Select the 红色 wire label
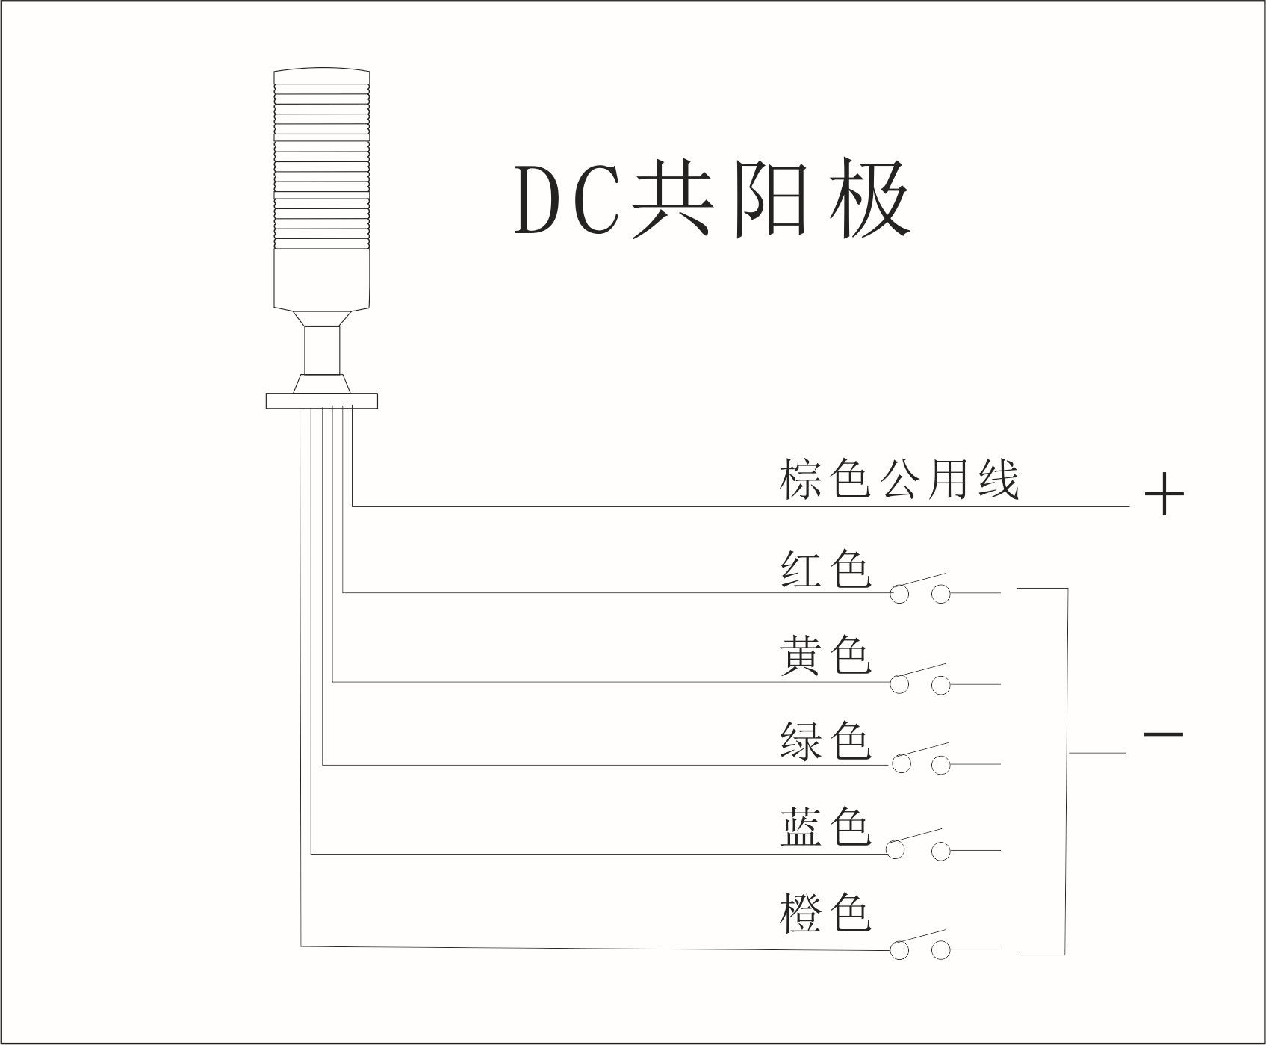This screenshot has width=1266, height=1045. point(825,570)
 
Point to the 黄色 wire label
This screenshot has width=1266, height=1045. point(825,657)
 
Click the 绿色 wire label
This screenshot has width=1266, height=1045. point(825,742)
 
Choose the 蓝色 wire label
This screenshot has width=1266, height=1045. point(825,828)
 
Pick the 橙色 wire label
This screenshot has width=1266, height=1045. point(825,914)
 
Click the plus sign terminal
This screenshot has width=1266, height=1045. point(1164,494)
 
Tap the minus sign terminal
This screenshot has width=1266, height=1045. point(1163,734)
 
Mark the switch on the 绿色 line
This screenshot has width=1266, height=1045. point(920,759)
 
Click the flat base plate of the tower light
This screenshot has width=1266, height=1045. point(322,400)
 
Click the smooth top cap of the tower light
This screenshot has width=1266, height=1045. point(322,76)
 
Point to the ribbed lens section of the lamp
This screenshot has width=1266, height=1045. point(322,164)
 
